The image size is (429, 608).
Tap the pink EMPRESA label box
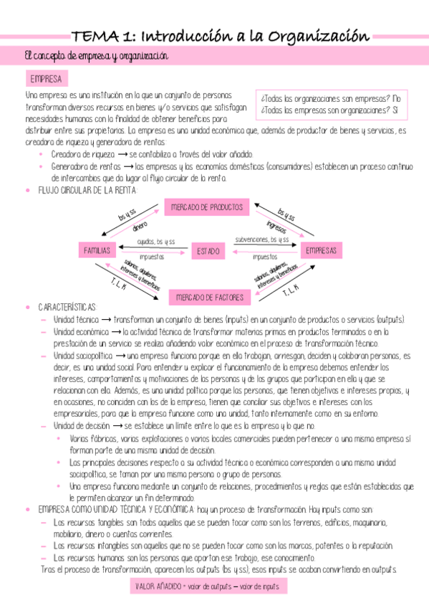(x=46, y=79)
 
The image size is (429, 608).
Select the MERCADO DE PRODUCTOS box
(x=207, y=208)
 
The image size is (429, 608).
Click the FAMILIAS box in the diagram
(x=97, y=251)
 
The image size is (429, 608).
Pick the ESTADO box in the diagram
(x=208, y=251)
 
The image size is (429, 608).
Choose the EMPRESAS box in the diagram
(x=320, y=251)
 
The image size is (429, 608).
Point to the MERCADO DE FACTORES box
(x=209, y=296)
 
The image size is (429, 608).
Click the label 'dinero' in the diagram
(x=140, y=227)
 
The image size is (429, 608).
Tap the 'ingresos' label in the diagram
(x=276, y=227)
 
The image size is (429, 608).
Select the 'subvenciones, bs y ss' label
(x=262, y=240)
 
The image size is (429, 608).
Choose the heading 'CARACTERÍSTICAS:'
(x=68, y=307)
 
